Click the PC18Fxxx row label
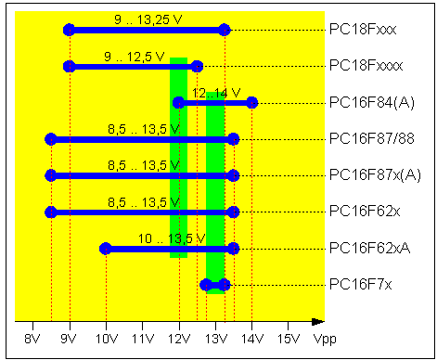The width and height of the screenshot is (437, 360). [363, 30]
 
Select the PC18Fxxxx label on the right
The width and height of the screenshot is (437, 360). [366, 66]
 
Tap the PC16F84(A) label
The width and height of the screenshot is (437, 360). [371, 102]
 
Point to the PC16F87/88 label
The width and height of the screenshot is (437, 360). [373, 139]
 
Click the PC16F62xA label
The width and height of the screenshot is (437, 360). [368, 248]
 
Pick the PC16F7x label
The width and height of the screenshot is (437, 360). [361, 284]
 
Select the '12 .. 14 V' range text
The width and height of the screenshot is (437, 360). [215, 93]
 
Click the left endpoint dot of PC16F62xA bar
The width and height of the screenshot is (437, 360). [106, 249]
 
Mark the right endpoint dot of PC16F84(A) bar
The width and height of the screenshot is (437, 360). [251, 103]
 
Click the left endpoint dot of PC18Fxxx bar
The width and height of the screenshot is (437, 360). [69, 30]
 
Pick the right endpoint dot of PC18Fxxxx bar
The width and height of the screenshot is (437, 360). [197, 66]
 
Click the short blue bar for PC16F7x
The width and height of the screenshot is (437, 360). [215, 285]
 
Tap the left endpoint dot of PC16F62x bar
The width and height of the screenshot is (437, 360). [51, 212]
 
